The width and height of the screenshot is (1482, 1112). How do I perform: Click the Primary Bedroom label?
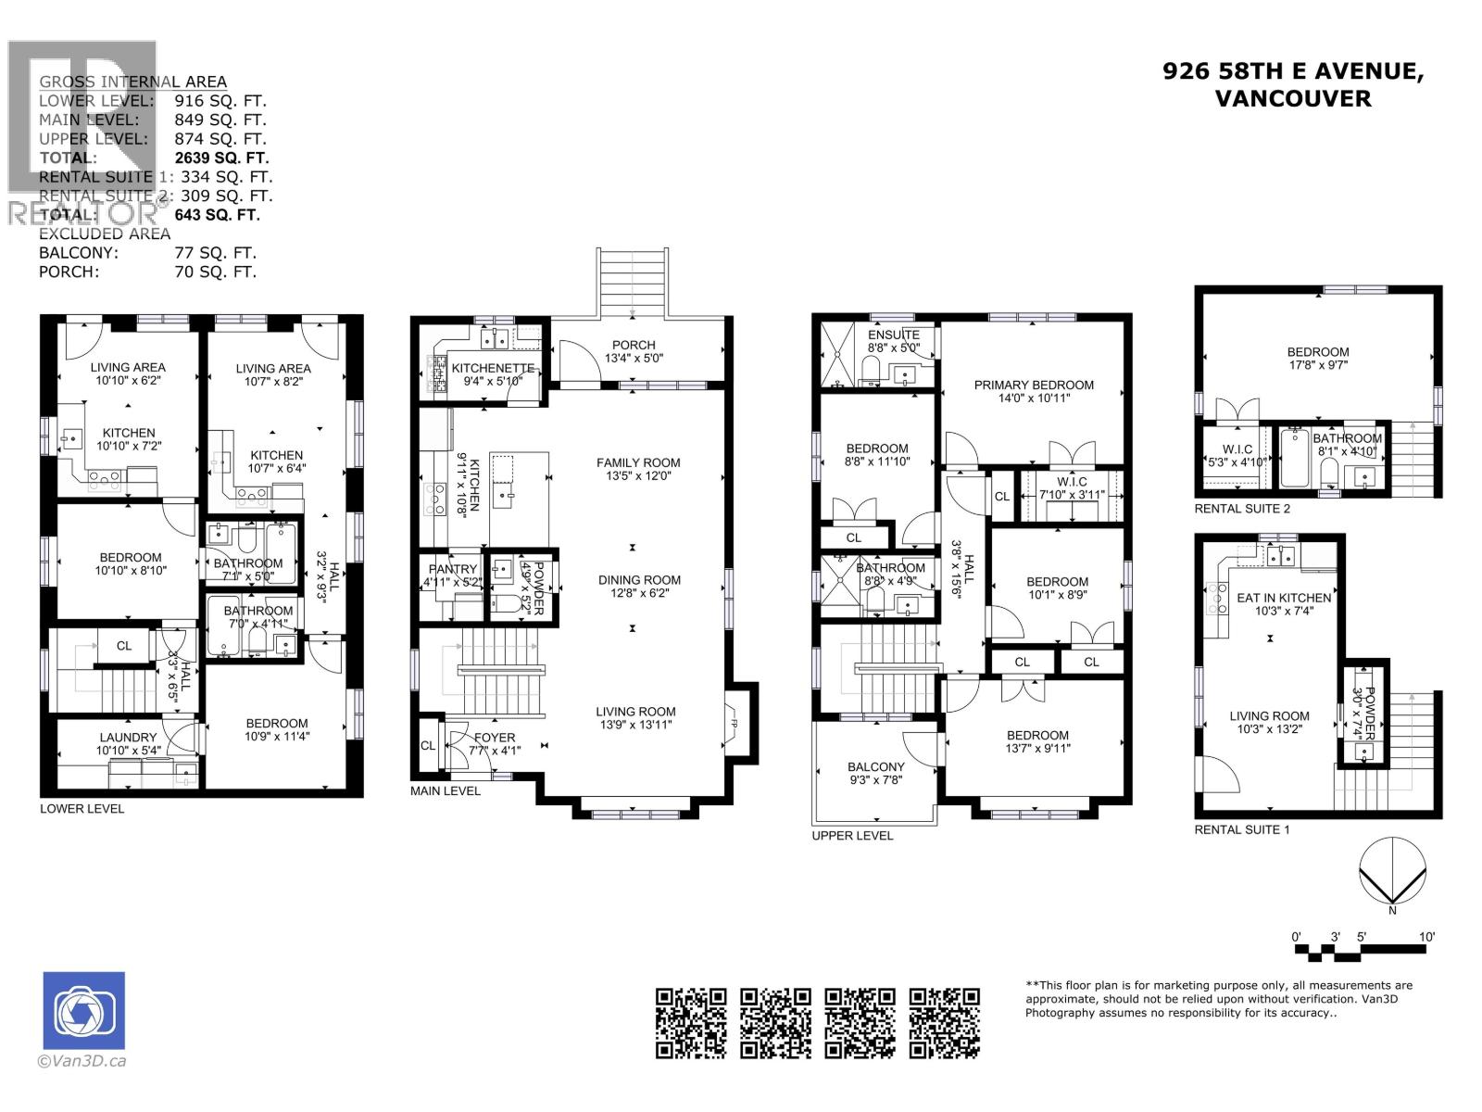[x=1034, y=385]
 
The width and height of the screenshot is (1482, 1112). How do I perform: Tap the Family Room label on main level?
[x=638, y=462]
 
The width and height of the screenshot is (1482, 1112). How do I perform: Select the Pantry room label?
[x=453, y=569]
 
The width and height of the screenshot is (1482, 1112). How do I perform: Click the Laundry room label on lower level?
[x=128, y=738]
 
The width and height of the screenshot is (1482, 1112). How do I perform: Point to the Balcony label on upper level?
[x=875, y=766]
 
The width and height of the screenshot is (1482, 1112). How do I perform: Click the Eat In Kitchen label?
[x=1284, y=598]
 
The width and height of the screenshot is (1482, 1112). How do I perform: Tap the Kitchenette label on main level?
[x=492, y=368]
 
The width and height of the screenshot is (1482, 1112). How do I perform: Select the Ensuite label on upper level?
[x=894, y=335]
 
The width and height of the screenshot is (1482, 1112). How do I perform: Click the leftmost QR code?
[x=691, y=1023]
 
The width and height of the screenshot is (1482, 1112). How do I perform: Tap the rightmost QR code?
[x=944, y=1023]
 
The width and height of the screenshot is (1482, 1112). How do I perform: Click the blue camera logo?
[x=84, y=1010]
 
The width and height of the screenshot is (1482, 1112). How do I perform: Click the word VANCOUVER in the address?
[x=1292, y=98]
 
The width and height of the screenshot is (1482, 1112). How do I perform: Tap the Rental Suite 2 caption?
[x=1241, y=509]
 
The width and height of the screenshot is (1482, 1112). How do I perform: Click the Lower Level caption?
[x=82, y=808]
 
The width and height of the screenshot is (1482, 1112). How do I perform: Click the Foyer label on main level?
[x=494, y=738]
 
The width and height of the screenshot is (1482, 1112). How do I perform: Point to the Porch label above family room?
[x=634, y=345]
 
